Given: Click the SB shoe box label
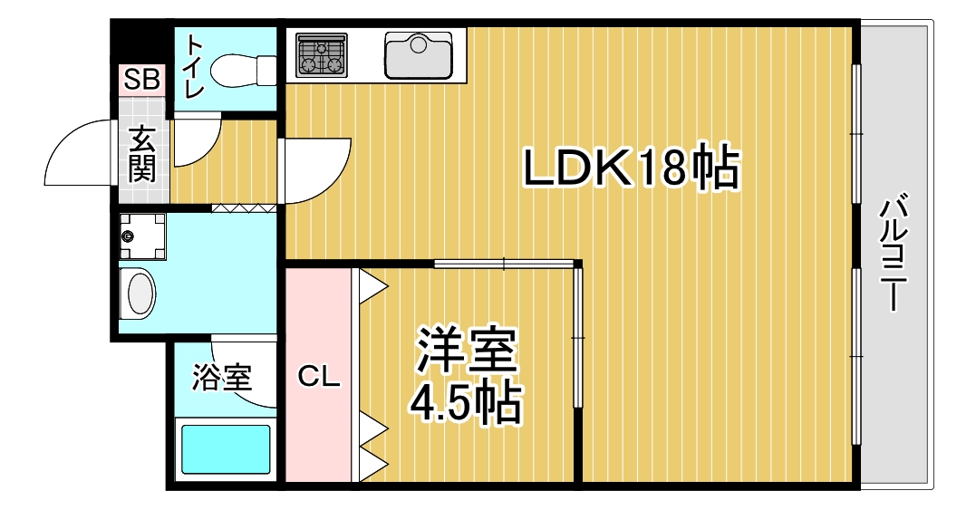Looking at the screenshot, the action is [142, 79].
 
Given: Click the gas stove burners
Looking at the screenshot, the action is [322, 55].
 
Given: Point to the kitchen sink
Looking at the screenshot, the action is [418, 54].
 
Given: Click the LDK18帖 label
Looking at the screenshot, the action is [631, 168].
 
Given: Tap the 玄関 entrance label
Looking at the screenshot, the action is [142, 154].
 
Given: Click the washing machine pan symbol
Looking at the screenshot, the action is [142, 237].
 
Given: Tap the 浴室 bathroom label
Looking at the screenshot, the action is [222, 377].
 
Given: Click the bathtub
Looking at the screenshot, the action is [226, 449].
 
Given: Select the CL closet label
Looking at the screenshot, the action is [318, 376].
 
